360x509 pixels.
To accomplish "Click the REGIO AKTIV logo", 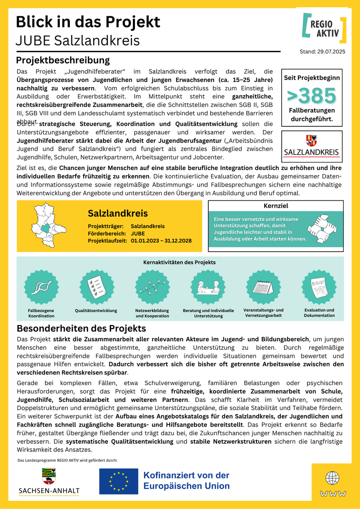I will pos(324,27).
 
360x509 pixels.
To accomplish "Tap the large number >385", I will pos(311,96).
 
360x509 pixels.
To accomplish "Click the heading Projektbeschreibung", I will pos(63,60).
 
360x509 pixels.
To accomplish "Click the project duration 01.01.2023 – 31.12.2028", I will pos(161,241).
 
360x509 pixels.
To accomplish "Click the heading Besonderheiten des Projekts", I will pos(81,328).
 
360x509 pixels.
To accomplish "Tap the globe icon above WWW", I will pos(333,478).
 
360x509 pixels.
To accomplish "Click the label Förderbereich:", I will pos(106,234).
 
